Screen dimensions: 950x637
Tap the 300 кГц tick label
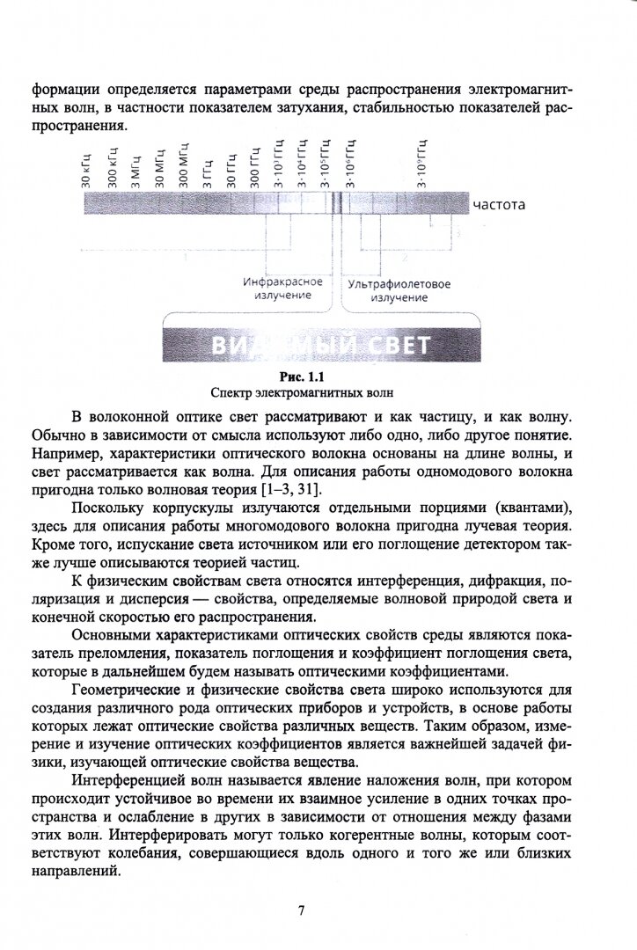click(x=112, y=168)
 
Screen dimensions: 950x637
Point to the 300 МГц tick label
click(x=183, y=164)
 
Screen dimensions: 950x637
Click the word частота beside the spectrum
click(x=499, y=205)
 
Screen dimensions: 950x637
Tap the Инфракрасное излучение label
click(x=282, y=289)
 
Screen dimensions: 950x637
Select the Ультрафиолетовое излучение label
click(x=399, y=291)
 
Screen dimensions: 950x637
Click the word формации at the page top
click(x=66, y=90)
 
